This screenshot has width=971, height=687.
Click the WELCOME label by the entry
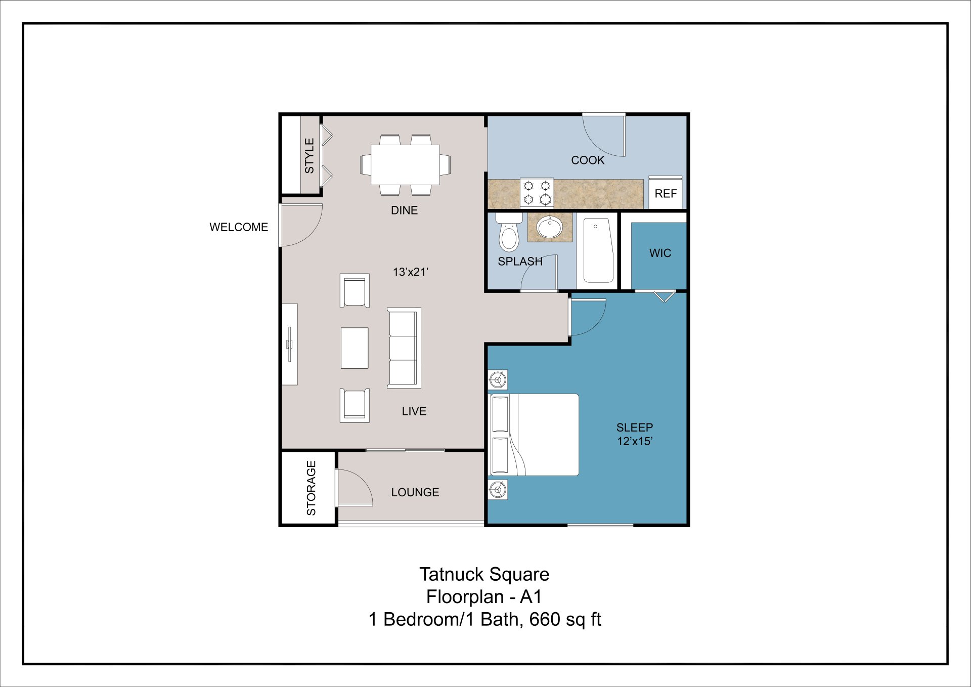tap(239, 227)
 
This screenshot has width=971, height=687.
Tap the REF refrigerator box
tap(666, 193)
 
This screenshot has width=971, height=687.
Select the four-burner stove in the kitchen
tap(537, 193)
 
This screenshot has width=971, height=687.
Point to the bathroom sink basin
tap(550, 227)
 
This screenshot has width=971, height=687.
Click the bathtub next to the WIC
tap(598, 250)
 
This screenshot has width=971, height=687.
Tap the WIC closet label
tap(660, 253)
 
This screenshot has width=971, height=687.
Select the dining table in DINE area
tap(405, 165)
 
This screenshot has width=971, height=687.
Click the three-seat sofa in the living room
tap(404, 348)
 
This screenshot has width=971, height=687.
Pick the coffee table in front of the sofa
tap(355, 348)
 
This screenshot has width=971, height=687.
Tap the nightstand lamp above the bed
tap(498, 379)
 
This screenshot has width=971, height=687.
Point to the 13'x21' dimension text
tap(410, 272)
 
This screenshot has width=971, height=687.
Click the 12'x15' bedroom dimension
tap(635, 441)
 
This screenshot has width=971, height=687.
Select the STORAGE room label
tap(311, 488)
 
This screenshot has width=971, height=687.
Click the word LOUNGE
tap(415, 492)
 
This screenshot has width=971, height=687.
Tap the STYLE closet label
tap(309, 156)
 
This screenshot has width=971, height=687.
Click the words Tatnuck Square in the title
tap(484, 575)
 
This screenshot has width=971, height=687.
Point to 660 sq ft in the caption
tap(565, 619)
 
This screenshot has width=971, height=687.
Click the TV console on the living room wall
tap(290, 345)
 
